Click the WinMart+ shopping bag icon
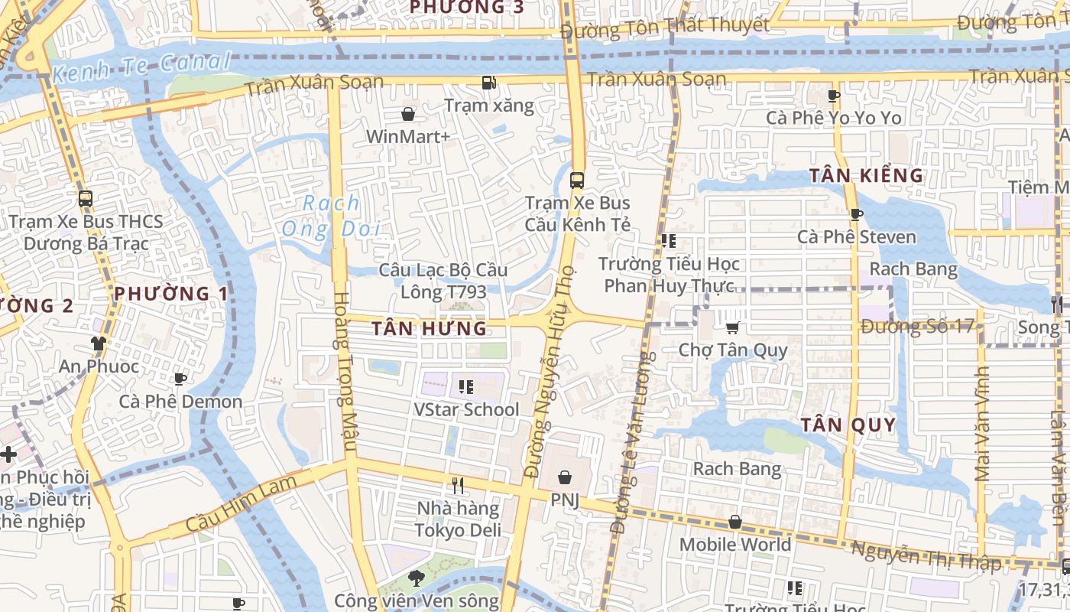[x=408, y=115]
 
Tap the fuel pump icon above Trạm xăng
[x=488, y=83]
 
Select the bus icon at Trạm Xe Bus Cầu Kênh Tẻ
[x=577, y=181]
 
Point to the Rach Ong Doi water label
[x=331, y=216]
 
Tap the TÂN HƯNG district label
[x=429, y=329]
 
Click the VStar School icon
[x=465, y=387]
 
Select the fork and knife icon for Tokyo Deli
[x=458, y=486]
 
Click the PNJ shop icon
[x=565, y=478]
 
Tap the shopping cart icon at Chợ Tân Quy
[x=732, y=328]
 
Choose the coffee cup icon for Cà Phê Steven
[x=856, y=215]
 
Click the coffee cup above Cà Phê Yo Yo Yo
[x=834, y=96]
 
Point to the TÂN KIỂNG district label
[x=867, y=175]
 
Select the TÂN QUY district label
[x=848, y=425]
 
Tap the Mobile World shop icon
[x=734, y=522]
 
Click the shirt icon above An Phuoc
[x=98, y=343]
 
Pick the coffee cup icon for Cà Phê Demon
[x=180, y=379]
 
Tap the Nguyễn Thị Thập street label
[x=926, y=557]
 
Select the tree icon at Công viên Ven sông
[x=416, y=578]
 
